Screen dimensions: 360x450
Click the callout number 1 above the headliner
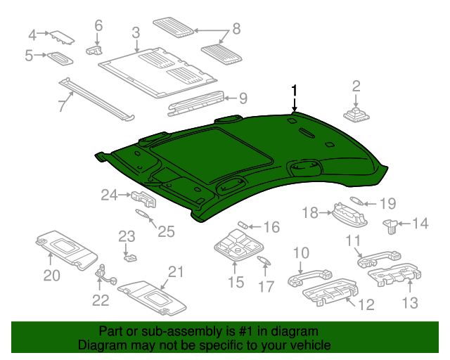[294, 90]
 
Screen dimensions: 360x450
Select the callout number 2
[356, 86]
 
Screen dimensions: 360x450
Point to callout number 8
[236, 29]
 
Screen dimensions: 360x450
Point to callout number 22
[101, 300]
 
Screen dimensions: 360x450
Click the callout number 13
[410, 303]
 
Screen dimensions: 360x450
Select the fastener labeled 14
[390, 226]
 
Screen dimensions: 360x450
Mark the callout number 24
[108, 195]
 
